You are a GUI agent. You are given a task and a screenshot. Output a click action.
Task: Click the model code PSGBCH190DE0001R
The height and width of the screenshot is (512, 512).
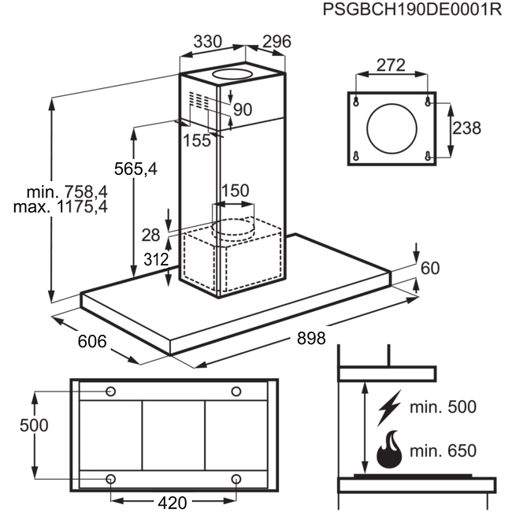tap(412, 9)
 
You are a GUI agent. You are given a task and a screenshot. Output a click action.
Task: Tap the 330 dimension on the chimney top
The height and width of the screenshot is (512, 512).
tap(208, 42)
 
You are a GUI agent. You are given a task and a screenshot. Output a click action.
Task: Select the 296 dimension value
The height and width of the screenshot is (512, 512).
tap(277, 42)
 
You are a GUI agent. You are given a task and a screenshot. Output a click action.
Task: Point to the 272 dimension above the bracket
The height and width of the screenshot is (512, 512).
tap(391, 65)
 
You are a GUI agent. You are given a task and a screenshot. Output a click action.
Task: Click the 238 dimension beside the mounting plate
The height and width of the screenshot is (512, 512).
tap(466, 128)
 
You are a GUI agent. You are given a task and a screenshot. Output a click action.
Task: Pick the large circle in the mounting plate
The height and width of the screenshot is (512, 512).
tap(391, 128)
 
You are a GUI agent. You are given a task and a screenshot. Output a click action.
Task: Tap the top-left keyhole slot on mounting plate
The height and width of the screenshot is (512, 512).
tap(356, 102)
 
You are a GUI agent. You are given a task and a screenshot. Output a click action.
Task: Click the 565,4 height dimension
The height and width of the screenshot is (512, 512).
tap(135, 169)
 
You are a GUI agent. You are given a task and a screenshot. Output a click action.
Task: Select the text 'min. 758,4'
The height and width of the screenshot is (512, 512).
tap(67, 192)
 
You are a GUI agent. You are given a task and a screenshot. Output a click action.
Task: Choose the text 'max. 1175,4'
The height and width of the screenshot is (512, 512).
tap(61, 206)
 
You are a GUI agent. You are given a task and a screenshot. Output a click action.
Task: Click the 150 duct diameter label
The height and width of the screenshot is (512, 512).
tap(235, 191)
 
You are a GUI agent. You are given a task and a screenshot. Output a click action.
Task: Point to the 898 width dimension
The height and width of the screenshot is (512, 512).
tap(311, 338)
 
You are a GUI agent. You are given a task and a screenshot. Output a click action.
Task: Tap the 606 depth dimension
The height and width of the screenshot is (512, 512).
tap(92, 342)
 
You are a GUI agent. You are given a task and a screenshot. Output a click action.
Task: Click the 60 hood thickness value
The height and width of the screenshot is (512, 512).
tap(430, 268)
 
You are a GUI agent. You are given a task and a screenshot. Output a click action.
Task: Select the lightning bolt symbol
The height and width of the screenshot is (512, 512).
tap(390, 407)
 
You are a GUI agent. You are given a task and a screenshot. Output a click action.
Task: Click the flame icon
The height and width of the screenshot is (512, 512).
tap(389, 449)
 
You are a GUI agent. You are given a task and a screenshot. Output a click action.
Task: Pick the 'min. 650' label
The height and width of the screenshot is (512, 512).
tap(443, 451)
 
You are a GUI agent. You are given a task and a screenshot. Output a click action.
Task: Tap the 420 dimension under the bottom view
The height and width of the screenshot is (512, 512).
tap(173, 503)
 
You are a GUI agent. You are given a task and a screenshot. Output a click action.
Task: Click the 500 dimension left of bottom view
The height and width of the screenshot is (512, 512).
tap(34, 425)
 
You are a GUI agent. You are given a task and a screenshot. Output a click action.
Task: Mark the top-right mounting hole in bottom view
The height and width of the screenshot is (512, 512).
tap(236, 391)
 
